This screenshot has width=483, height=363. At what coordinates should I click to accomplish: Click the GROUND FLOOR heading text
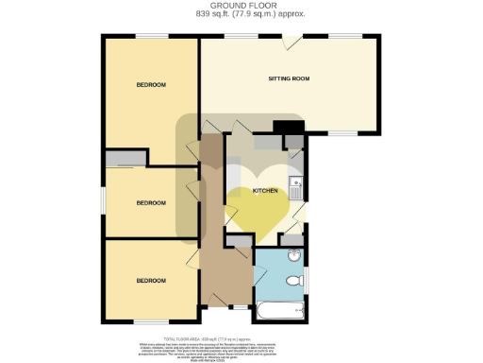241,7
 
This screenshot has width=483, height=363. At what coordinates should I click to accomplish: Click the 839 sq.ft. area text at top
241,16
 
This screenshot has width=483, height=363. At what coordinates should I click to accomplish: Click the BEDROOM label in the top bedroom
151,86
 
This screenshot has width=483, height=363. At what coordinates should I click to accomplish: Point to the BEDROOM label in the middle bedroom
151,203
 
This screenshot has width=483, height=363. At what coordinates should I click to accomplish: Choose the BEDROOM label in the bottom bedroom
151,281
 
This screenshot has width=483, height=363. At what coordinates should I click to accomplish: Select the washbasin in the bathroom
293,256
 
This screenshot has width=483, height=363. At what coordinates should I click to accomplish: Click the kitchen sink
295,185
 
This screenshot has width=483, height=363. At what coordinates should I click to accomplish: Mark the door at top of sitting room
293,41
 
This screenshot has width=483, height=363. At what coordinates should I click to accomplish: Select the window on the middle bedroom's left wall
103,200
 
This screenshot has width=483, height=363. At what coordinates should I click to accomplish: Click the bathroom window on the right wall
308,277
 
